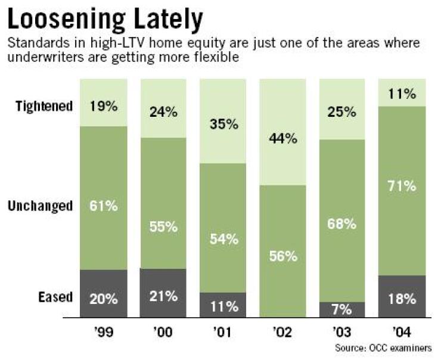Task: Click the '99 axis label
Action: click(x=103, y=331)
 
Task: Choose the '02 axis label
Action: click(x=282, y=331)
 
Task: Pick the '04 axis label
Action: click(x=402, y=331)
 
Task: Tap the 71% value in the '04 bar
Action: click(x=402, y=186)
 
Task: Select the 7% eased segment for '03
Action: click(x=342, y=309)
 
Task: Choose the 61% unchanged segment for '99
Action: click(x=103, y=207)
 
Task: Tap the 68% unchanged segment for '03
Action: click(x=342, y=225)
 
